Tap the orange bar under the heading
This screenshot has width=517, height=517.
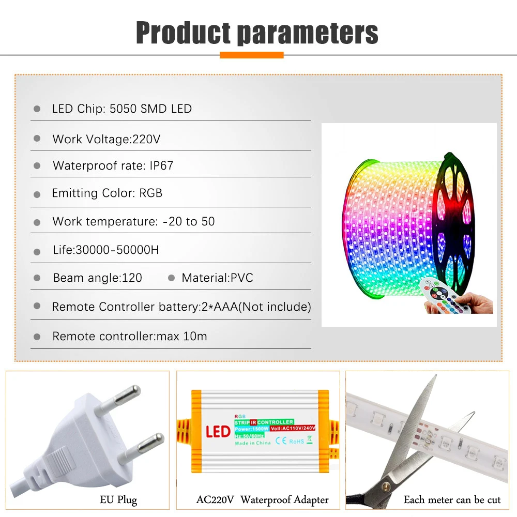(252, 55)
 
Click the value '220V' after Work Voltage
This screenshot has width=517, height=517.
(147, 139)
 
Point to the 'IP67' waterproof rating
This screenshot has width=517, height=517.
(162, 166)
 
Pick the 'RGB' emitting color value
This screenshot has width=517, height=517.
(151, 193)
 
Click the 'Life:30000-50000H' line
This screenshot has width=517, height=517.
(105, 250)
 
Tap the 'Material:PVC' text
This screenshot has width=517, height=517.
(217, 278)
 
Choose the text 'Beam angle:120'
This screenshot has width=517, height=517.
(97, 278)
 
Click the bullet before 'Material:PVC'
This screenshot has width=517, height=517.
(172, 278)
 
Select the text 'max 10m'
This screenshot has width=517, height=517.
(188, 337)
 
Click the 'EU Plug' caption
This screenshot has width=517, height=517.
(118, 500)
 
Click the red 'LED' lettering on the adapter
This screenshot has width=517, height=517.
(218, 431)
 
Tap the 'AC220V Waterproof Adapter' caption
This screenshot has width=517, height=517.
(262, 500)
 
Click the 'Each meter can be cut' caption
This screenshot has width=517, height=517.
(452, 500)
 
